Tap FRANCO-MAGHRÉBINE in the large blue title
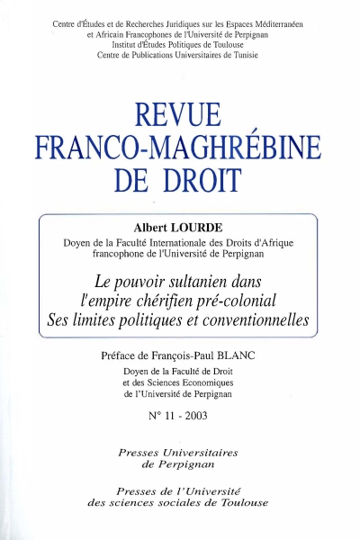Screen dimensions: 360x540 pyautogui.click(x=180, y=147)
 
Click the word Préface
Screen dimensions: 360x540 pyautogui.click(x=126, y=355)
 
